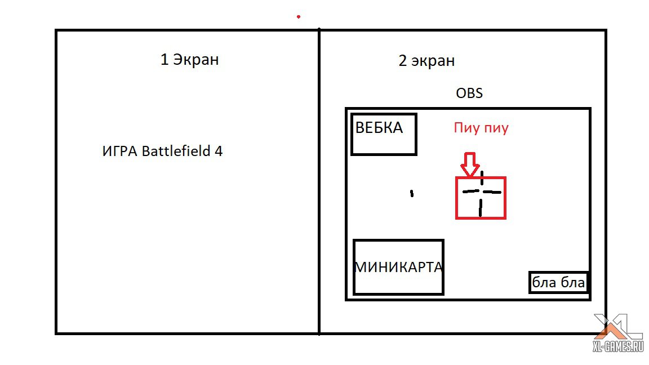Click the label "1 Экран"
tap(189, 60)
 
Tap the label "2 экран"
tap(426, 61)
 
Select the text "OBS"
tap(469, 93)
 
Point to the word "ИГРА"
tap(120, 152)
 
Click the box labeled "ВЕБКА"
tap(384, 134)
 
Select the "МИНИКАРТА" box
tap(398, 267)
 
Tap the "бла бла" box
tap(559, 282)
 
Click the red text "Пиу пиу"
tap(481, 128)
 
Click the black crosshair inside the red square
tap(481, 193)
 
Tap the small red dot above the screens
tap(299, 17)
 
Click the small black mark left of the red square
tap(412, 193)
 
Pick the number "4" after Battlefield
tap(219, 152)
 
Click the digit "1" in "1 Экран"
tap(165, 60)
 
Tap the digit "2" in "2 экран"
tap(402, 61)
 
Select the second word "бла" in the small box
tap(572, 282)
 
